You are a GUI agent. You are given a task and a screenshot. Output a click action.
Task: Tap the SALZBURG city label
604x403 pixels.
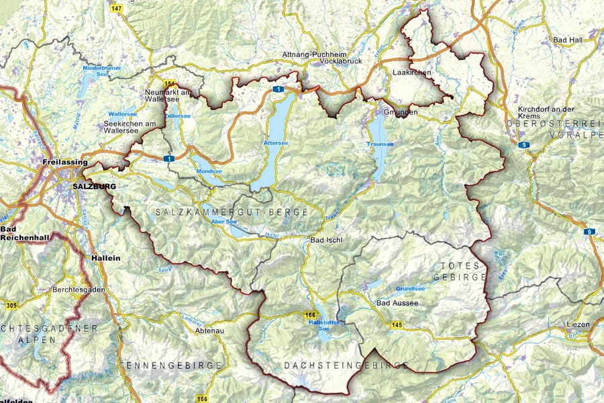(x=95, y=186)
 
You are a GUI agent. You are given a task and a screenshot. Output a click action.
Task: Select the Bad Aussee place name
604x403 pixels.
(x=397, y=303)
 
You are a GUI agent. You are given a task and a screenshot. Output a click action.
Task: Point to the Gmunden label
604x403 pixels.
(x=401, y=112)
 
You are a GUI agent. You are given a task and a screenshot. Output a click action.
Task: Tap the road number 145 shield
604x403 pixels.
(x=397, y=325)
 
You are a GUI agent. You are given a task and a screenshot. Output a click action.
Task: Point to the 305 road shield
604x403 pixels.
(x=9, y=306)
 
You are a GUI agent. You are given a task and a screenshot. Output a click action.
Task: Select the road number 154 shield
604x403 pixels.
(x=169, y=83)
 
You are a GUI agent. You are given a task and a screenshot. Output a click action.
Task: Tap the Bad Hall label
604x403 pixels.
(x=568, y=41)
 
